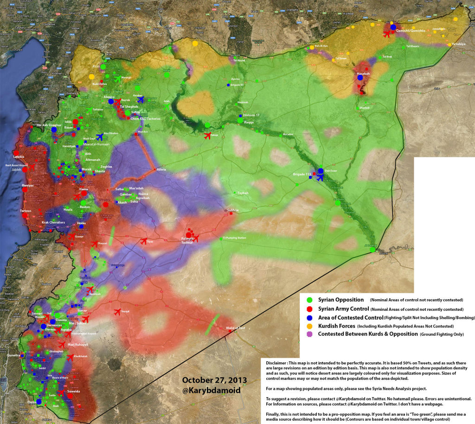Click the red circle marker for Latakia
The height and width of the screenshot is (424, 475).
16,152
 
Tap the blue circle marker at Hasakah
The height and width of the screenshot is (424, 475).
360,78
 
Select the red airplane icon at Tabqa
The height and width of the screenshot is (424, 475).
207,136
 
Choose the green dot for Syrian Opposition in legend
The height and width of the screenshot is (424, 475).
309,300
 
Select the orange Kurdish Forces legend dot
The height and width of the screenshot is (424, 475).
309,326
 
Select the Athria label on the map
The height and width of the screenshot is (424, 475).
161,169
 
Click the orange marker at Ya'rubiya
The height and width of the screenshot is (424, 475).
449,45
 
